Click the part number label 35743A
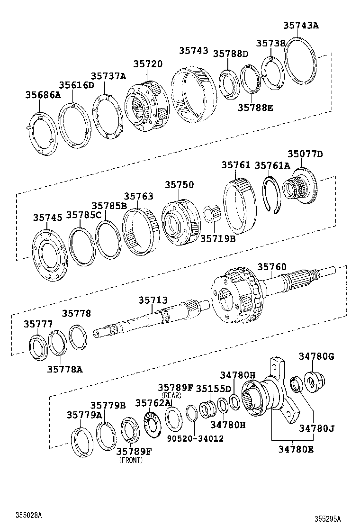click(x=301, y=25)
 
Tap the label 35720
click(x=148, y=64)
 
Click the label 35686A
click(x=43, y=95)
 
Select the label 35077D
click(x=305, y=154)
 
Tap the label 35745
click(x=48, y=218)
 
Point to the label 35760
click(x=272, y=267)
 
